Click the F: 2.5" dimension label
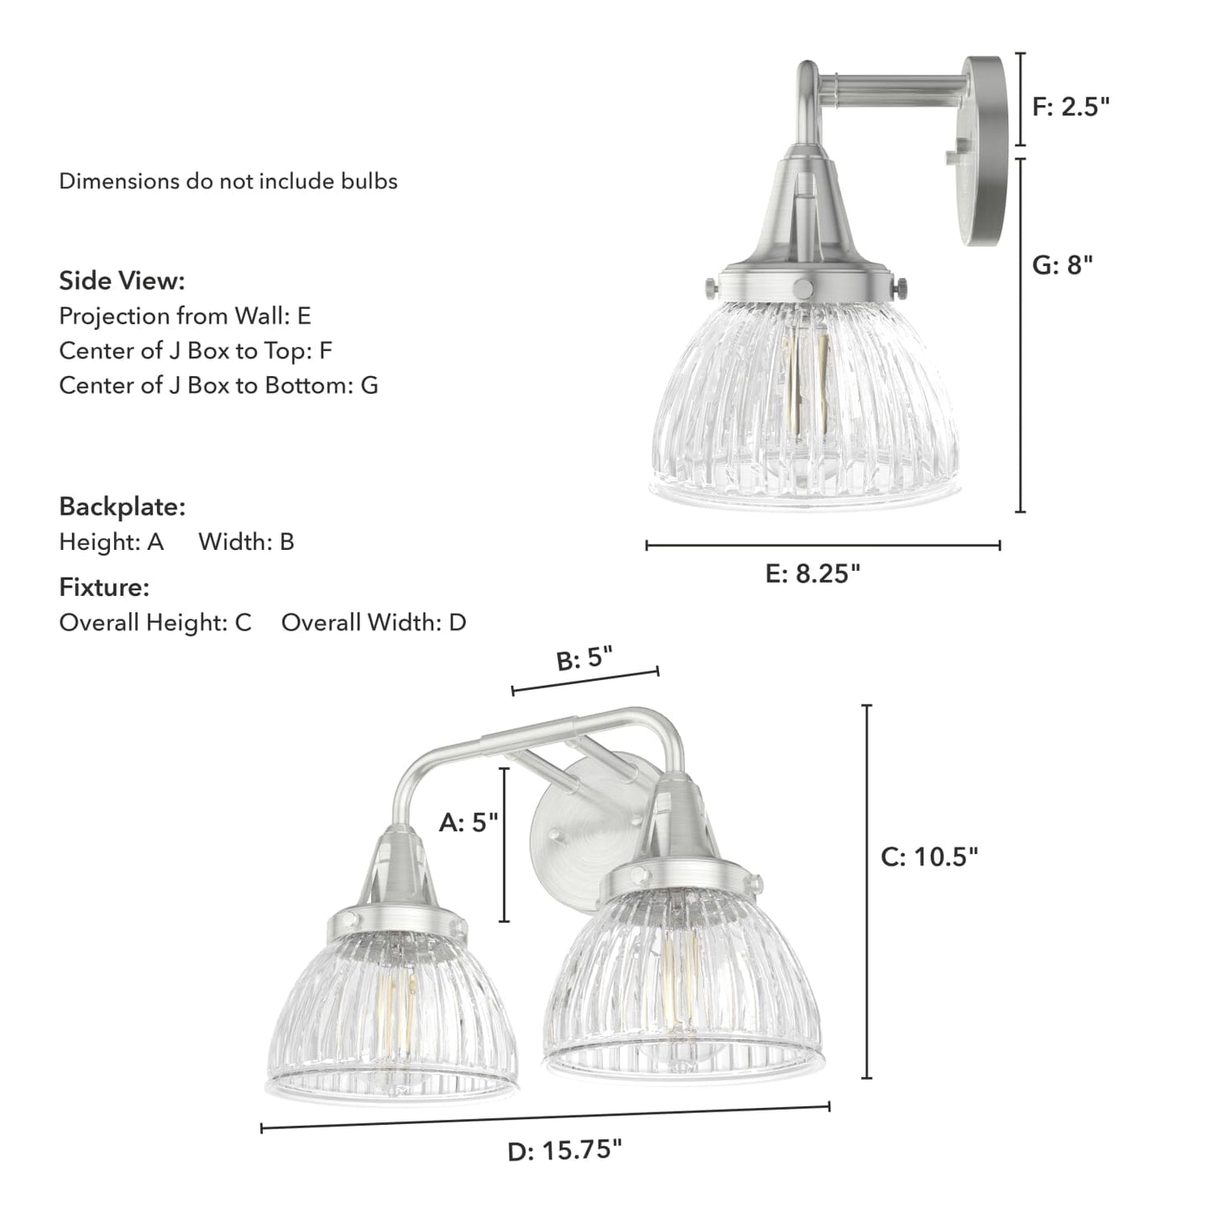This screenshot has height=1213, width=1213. coord(1070,107)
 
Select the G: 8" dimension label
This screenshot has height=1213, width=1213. coord(1062,265)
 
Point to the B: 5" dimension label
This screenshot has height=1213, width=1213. coord(584,659)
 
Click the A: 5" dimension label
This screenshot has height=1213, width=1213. coord(468,823)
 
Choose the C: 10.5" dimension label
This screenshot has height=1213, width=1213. coord(929,857)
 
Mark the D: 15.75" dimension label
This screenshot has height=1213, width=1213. coord(564,1149)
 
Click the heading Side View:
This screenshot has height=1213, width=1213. coord(122,280)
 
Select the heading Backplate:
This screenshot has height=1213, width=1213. coord(122,507)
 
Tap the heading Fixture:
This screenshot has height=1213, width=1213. coord(104,588)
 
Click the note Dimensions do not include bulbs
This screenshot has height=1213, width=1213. coord(227,181)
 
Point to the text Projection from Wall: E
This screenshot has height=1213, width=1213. coord(185,316)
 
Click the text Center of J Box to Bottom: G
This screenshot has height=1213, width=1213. coord(218,385)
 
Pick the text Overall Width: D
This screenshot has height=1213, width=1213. coord(373,623)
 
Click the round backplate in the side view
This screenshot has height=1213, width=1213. coord(984,151)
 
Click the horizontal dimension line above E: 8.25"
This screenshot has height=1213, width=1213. coord(823,546)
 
